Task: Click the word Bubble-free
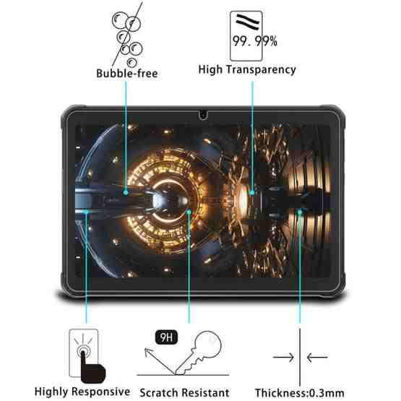pyautogui.click(x=127, y=74)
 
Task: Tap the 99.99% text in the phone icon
pyautogui.click(x=255, y=41)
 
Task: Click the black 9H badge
pyautogui.click(x=166, y=337)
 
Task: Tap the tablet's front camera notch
pyautogui.click(x=203, y=115)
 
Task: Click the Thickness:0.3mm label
pyautogui.click(x=299, y=392)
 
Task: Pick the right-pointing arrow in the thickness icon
pyautogui.click(x=283, y=357)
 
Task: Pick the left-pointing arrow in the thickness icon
pyautogui.click(x=317, y=357)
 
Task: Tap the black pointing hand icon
pyautogui.click(x=92, y=368)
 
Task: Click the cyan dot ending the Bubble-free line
pyautogui.click(x=126, y=192)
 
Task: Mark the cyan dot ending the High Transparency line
pyautogui.click(x=252, y=192)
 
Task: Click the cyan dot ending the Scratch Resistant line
pyautogui.click(x=189, y=212)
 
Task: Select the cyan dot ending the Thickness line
pyautogui.click(x=300, y=212)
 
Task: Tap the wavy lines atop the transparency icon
pyautogui.click(x=248, y=22)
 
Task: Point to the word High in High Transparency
pyautogui.click(x=210, y=69)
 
